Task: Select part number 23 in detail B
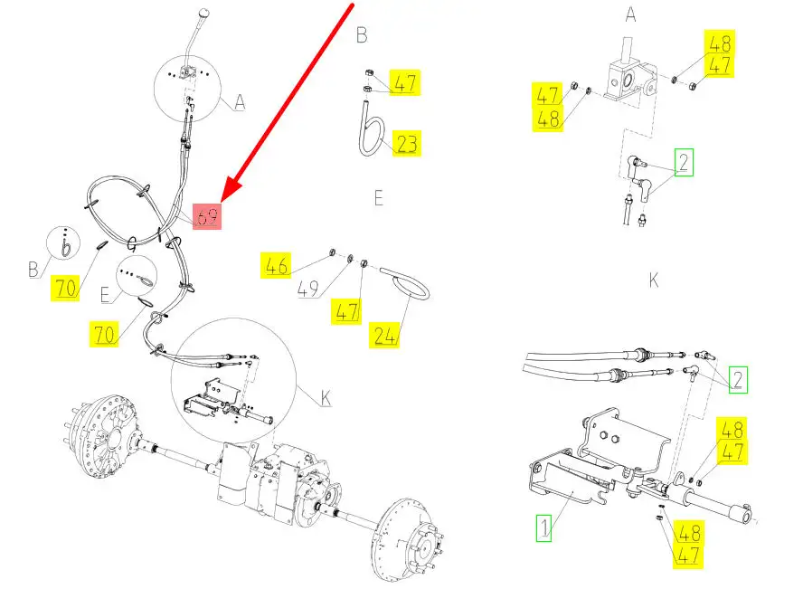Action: click(407, 143)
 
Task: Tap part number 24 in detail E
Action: click(385, 337)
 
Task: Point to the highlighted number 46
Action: click(276, 266)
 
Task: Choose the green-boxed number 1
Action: click(543, 527)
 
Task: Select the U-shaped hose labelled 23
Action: click(371, 131)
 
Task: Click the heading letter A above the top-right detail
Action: click(631, 15)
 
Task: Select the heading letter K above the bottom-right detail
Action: click(653, 280)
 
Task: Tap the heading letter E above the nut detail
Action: click(378, 197)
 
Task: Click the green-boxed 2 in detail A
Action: click(684, 163)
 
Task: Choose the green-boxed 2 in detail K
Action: click(739, 378)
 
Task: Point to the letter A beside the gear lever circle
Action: click(240, 103)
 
